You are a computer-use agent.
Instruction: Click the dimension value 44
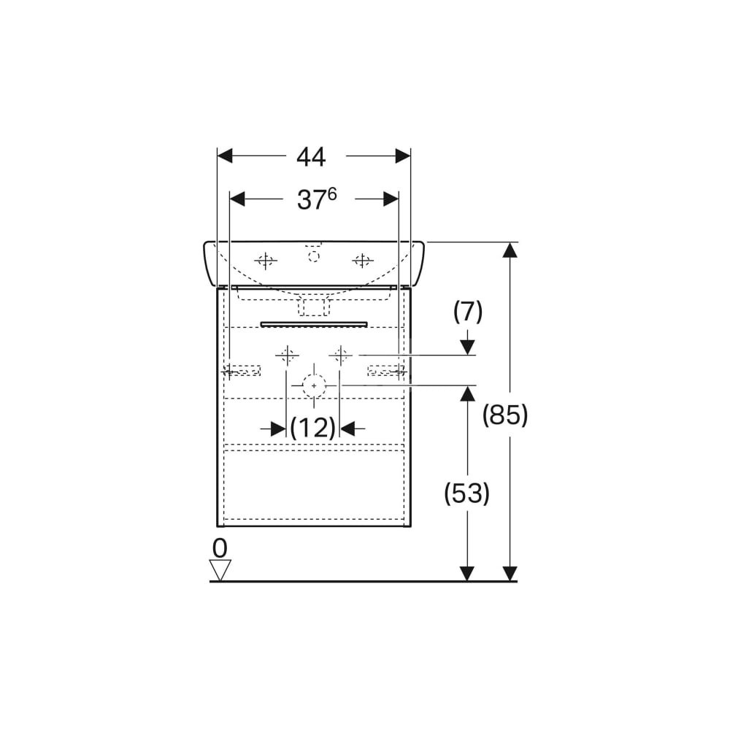(312, 157)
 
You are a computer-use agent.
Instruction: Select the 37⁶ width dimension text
(317, 199)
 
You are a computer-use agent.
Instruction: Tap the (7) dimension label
(468, 312)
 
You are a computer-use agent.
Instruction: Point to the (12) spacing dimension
(313, 427)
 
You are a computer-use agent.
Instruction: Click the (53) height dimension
(467, 493)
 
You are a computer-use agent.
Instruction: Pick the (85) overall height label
(505, 415)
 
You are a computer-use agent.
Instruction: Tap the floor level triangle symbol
(220, 570)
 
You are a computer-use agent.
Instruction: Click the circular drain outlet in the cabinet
(314, 385)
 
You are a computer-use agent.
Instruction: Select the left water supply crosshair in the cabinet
(287, 356)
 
